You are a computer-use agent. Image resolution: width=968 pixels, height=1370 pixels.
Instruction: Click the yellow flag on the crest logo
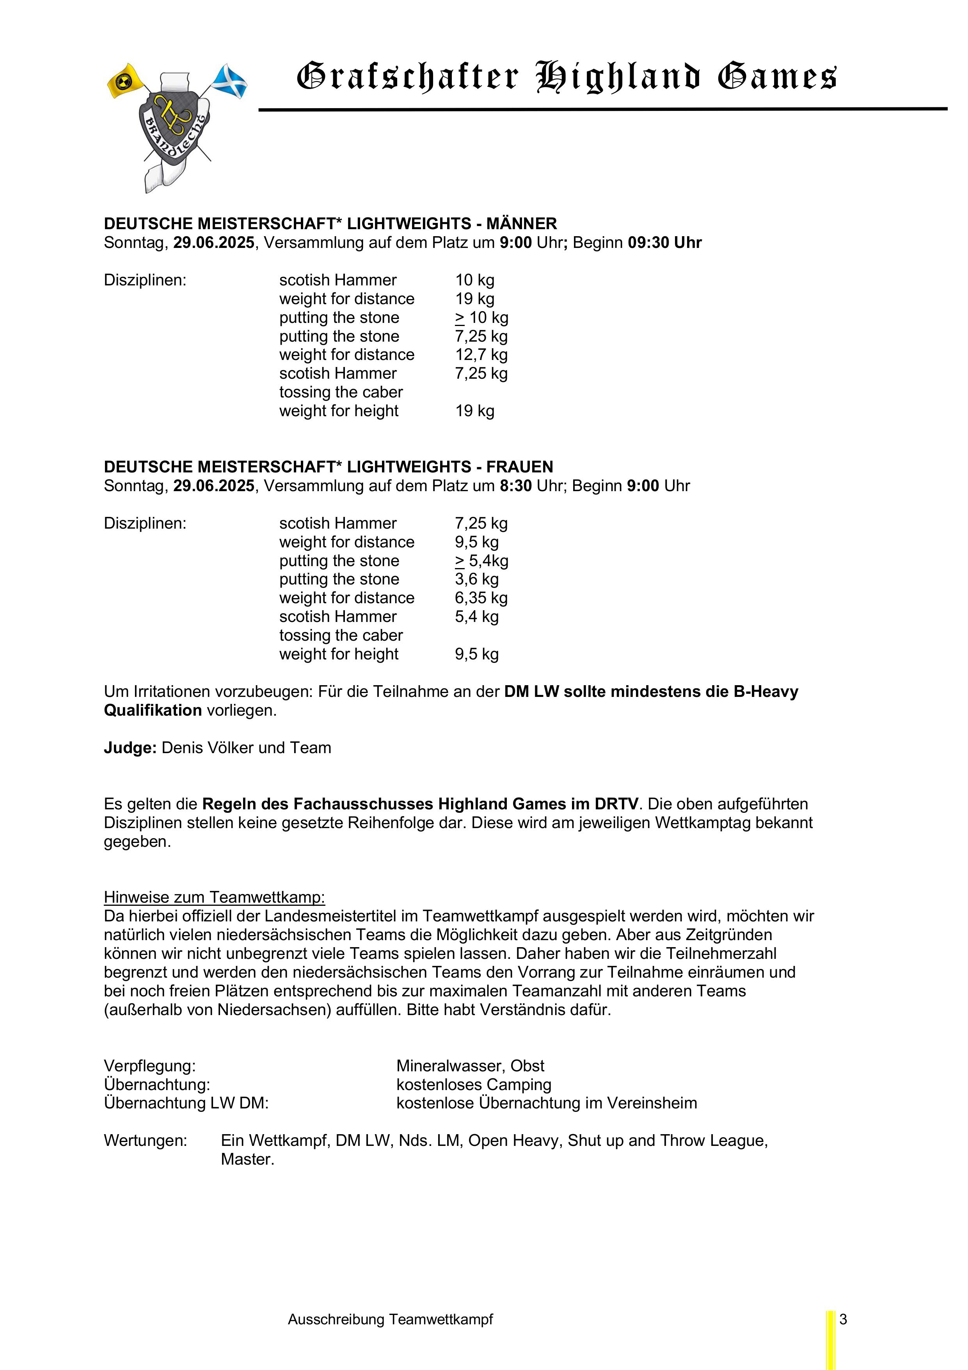pos(126,80)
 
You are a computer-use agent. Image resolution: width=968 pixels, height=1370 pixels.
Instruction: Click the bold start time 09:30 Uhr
pos(664,243)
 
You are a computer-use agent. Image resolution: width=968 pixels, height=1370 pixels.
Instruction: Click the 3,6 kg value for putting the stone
pos(476,579)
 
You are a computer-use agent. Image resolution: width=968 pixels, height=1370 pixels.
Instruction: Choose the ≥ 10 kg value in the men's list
pos(481,317)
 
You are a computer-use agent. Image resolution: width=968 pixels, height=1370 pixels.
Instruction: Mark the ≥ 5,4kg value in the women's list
pos(481,561)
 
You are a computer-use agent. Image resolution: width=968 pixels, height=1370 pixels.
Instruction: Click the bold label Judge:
pos(130,748)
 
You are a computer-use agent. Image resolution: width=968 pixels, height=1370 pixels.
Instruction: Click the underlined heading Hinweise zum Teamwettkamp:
pos(214,898)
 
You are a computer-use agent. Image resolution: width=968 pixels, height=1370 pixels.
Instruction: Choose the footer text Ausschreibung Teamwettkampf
pos(390,1320)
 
